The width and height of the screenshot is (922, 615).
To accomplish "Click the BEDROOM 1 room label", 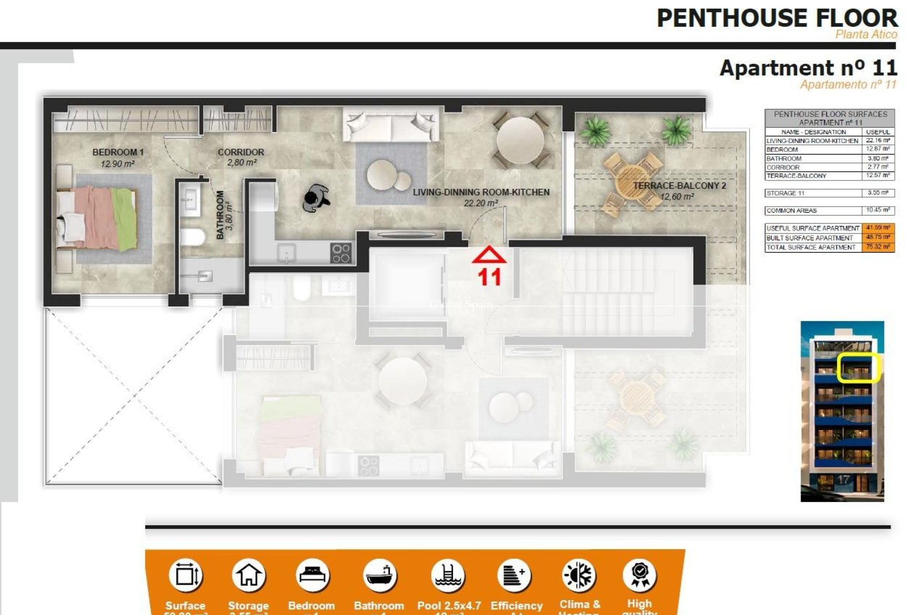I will (x=118, y=152).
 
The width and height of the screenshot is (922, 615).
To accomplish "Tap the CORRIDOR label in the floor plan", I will (x=241, y=152).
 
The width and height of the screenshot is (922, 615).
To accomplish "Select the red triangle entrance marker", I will (x=489, y=255).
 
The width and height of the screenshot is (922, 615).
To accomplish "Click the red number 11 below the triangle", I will (x=489, y=277).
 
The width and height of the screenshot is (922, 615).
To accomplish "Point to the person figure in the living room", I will (x=316, y=197).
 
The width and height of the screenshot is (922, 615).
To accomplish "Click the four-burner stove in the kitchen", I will (x=341, y=253).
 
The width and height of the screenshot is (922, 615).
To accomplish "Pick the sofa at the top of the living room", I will (x=391, y=124).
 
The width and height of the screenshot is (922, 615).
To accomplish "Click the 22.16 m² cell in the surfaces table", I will (x=877, y=140).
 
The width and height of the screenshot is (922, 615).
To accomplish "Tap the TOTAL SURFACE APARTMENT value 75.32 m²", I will (x=877, y=247).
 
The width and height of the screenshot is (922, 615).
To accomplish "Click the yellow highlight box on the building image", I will (x=858, y=368).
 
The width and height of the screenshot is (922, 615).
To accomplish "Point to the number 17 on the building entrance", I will (x=843, y=480).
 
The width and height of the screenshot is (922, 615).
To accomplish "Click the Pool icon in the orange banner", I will (x=448, y=575).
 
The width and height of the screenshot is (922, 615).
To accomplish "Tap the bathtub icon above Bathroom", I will (x=379, y=575).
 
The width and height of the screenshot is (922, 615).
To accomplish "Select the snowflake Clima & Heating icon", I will (x=579, y=575).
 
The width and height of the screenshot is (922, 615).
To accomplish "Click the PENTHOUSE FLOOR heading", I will (x=776, y=18).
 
